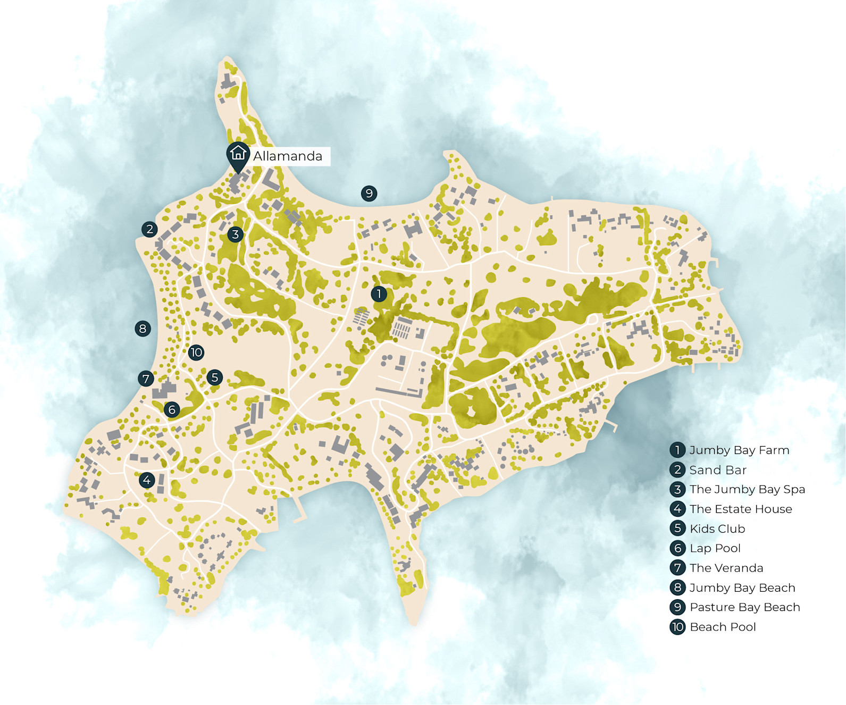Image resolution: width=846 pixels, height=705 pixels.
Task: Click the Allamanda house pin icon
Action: click(238, 154)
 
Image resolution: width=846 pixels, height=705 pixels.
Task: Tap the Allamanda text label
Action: click(288, 156)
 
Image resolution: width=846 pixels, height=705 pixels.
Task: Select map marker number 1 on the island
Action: click(379, 293)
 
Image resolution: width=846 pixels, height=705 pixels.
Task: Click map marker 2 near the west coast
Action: click(149, 229)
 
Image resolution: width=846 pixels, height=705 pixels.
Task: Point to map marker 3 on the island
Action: click(235, 234)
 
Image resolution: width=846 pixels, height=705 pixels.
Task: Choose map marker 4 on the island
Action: click(147, 480)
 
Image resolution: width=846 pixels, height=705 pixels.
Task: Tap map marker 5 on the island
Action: click(214, 377)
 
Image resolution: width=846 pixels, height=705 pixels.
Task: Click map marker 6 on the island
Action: click(171, 409)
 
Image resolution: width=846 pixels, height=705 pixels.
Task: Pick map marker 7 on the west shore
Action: click(146, 379)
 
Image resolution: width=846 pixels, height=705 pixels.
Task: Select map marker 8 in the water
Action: click(143, 329)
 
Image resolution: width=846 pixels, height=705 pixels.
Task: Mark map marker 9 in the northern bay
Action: click(369, 194)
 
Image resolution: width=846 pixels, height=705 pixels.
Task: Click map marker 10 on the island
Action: click(196, 352)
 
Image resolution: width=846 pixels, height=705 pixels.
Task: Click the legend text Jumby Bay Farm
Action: click(739, 450)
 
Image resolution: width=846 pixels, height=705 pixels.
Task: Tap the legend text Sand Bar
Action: click(718, 470)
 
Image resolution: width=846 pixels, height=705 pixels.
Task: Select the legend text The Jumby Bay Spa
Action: click(747, 489)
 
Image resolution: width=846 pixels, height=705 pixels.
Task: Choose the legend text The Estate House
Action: click(741, 509)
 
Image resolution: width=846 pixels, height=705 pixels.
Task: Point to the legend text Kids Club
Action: click(717, 528)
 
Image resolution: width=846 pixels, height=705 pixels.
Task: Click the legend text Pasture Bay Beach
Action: click(744, 607)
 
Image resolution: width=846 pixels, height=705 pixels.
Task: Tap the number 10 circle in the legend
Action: click(677, 627)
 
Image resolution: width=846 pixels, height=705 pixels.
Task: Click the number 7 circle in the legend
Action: click(677, 568)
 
